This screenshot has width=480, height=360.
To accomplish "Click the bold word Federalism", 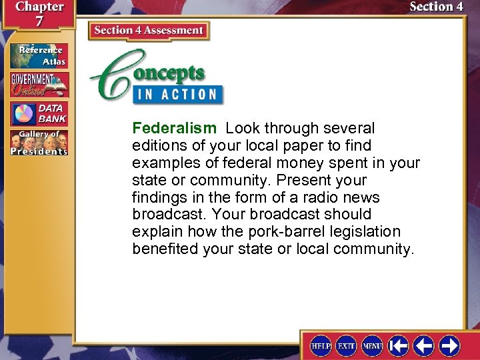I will (x=174, y=128).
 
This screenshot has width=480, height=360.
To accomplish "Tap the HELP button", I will (x=321, y=345).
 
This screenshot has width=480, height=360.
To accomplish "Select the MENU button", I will (x=372, y=345).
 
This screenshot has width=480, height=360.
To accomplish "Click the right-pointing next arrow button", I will (x=449, y=345).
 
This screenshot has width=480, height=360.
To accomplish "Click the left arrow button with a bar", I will (x=399, y=345).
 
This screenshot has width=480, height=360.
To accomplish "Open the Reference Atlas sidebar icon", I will (x=39, y=55).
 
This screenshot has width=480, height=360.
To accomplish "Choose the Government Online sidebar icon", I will (x=39, y=85).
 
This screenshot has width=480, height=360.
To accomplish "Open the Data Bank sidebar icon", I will (x=39, y=114).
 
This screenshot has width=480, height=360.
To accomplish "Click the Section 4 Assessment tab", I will (x=149, y=31).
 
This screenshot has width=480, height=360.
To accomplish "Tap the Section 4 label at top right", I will (x=436, y=7).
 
